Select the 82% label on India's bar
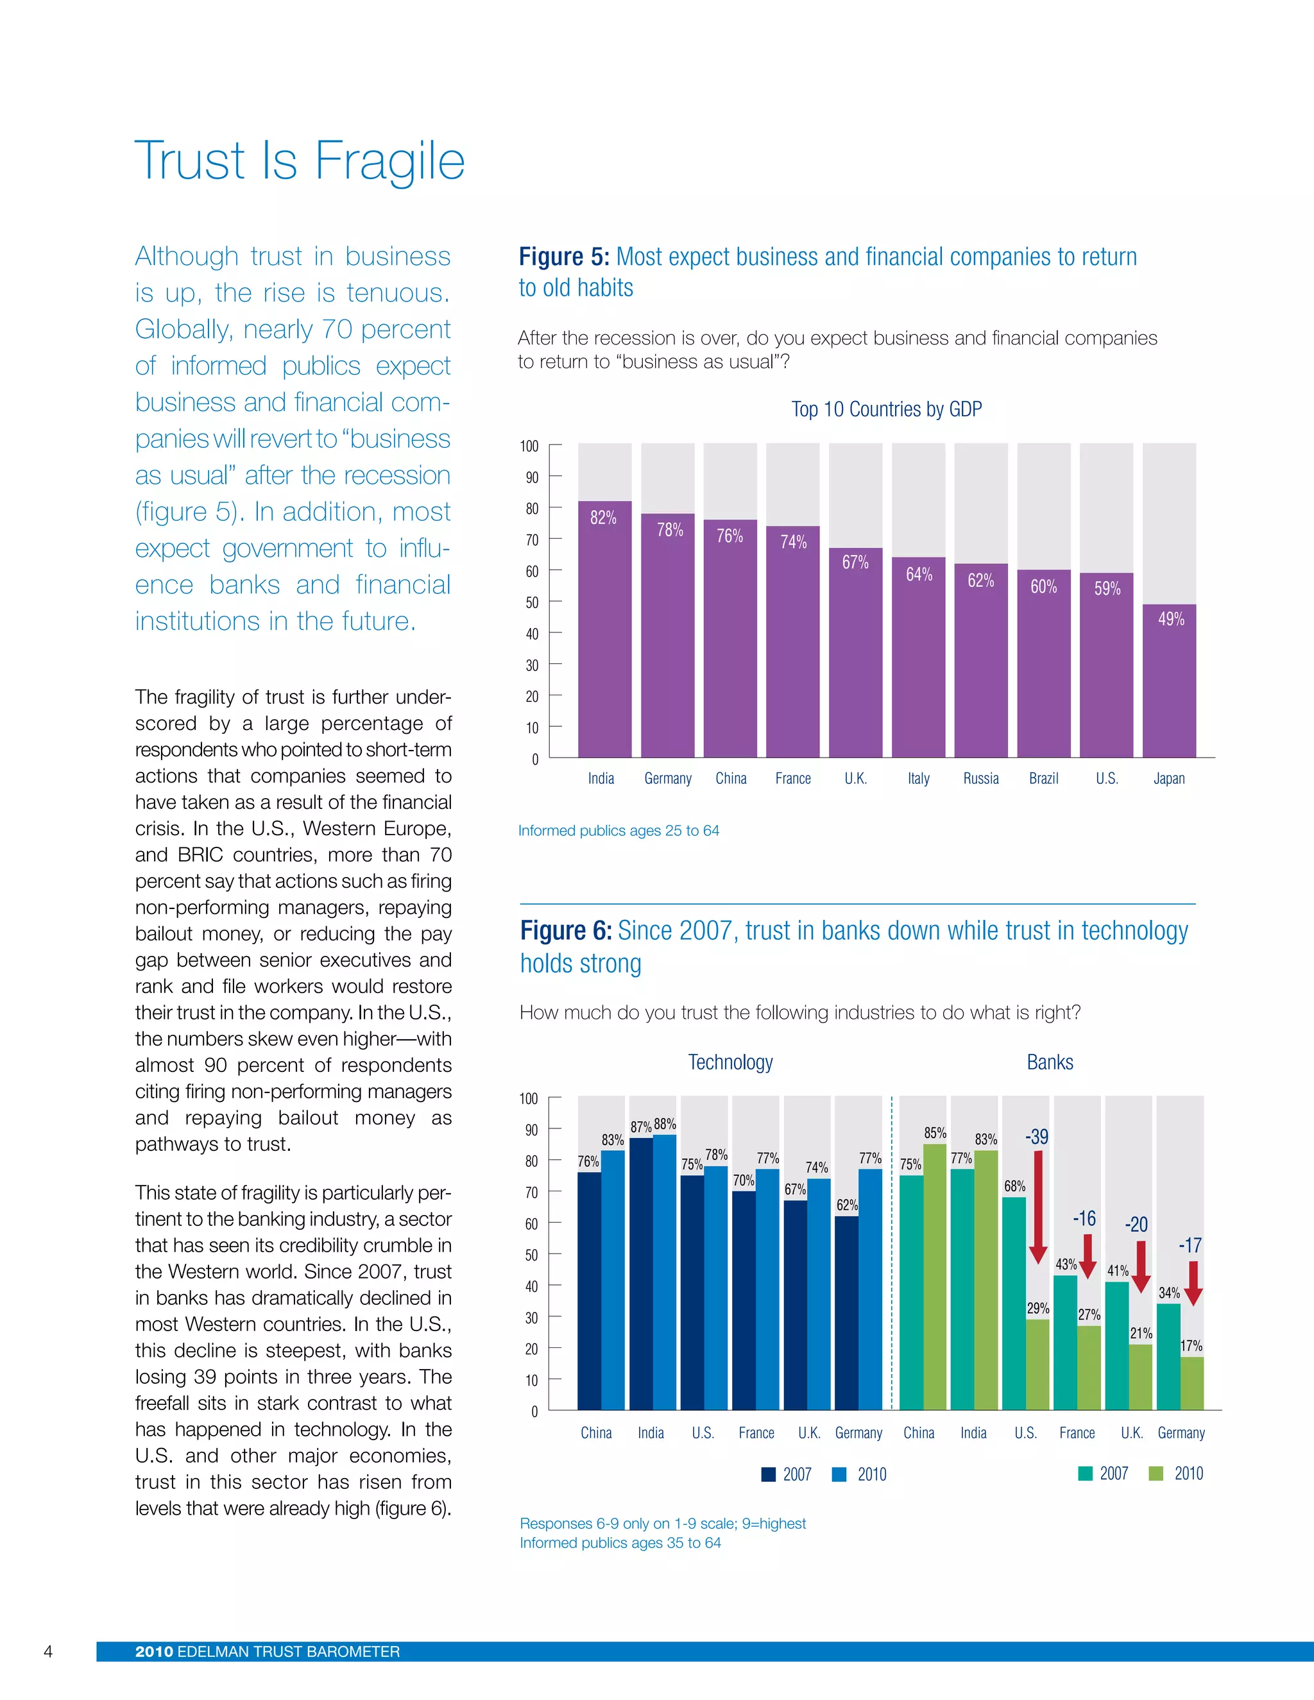point(603,518)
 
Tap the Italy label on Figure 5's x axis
point(919,778)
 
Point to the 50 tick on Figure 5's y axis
point(532,602)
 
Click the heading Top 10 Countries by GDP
point(887,409)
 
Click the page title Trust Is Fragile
point(300,161)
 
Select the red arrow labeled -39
point(1037,1207)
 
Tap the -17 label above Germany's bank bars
point(1190,1245)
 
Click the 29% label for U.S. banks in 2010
point(1037,1309)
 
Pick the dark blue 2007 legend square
point(768,1474)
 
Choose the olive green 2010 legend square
point(1156,1474)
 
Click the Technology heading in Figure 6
point(730,1062)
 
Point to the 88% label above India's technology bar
point(665,1124)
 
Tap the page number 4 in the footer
point(48,1651)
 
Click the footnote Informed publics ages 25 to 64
point(619,831)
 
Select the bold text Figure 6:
point(566,931)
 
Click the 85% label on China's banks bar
point(935,1134)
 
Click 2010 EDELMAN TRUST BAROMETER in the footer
point(267,1652)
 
